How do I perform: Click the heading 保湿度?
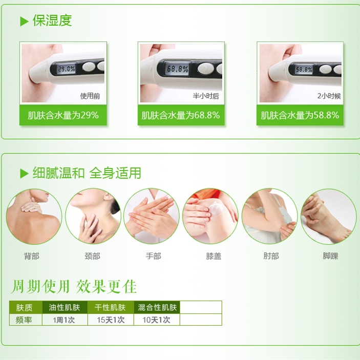pyautogui.click(x=52, y=20)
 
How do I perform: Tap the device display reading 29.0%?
pyautogui.click(x=67, y=69)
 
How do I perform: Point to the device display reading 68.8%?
pyautogui.click(x=178, y=69)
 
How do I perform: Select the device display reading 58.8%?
pyautogui.click(x=304, y=69)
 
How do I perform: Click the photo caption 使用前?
pyautogui.click(x=90, y=96)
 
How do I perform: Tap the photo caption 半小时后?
pyautogui.click(x=206, y=96)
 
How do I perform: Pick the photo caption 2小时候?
pyautogui.click(x=329, y=96)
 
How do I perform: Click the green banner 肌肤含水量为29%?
pyautogui.click(x=63, y=115)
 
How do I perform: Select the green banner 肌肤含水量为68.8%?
pyautogui.click(x=181, y=115)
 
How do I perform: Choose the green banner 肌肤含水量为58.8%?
pyautogui.click(x=300, y=115)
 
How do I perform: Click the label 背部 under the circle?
pyautogui.click(x=32, y=256)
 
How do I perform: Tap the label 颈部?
pyautogui.click(x=92, y=256)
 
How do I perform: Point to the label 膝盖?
pyautogui.click(x=214, y=256)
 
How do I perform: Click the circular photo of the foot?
pyautogui.click(x=329, y=216)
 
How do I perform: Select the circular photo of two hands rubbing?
pyautogui.click(x=152, y=216)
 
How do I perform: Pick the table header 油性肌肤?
pyautogui.click(x=65, y=307)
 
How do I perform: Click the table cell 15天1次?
pyautogui.click(x=111, y=320)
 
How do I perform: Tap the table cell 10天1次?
pyautogui.click(x=156, y=320)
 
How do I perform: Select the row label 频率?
pyautogui.click(x=24, y=320)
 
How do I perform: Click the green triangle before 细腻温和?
pyautogui.click(x=24, y=173)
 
